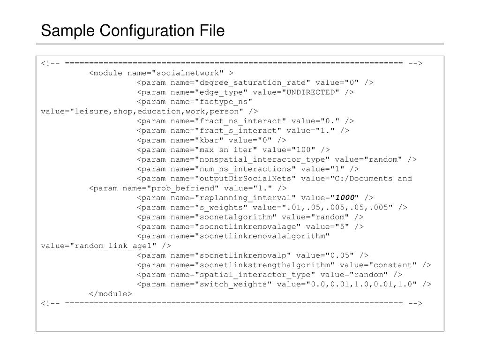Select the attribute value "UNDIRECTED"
(310, 92)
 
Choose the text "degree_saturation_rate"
(253, 82)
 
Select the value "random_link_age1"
(118, 246)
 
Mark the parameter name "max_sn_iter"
(227, 150)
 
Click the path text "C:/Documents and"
(378, 179)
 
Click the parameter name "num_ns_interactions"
(246, 169)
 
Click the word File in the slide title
(210, 31)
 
